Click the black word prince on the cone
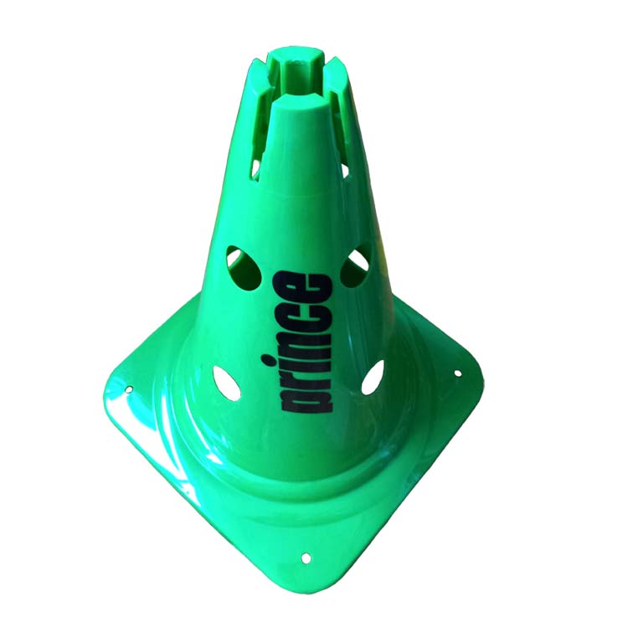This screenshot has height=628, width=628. [x=305, y=343]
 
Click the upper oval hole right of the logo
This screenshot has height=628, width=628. [x=358, y=264]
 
